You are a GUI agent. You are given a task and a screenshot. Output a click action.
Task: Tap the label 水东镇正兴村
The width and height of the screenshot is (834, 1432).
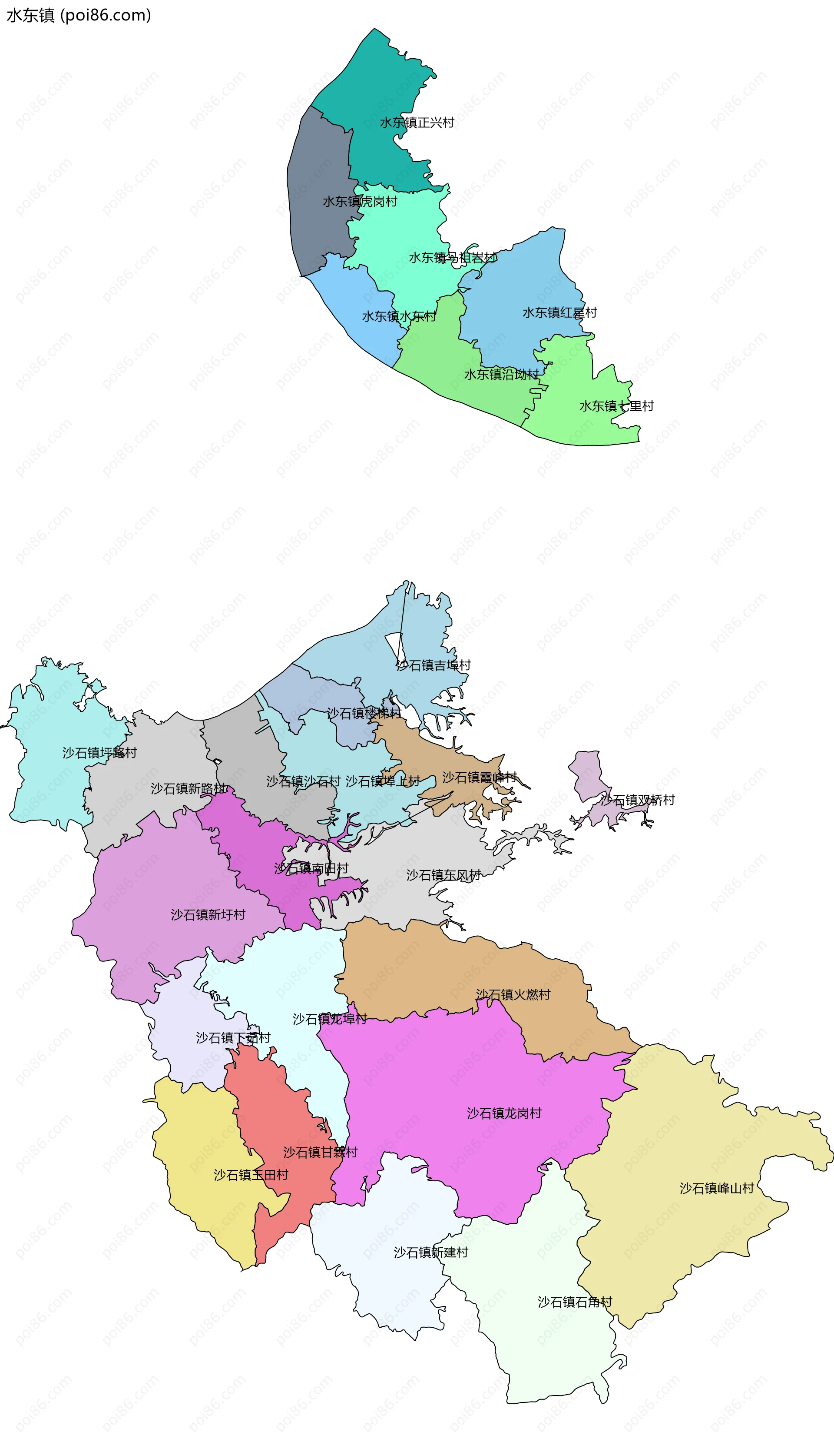[x=417, y=123]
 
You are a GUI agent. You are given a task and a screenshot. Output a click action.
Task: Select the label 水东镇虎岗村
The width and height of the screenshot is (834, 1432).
[x=360, y=202]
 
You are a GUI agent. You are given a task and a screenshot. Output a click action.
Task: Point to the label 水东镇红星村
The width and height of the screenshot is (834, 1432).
[x=559, y=312]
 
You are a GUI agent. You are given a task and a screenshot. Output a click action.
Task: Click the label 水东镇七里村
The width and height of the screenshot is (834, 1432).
[x=616, y=406]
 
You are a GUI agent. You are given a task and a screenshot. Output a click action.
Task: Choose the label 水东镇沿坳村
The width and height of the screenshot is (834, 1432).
[x=501, y=375]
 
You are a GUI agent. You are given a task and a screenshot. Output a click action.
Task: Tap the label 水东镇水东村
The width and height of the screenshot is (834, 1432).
[x=399, y=316]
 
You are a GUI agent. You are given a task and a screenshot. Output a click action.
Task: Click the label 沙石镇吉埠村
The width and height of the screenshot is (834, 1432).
[x=434, y=665]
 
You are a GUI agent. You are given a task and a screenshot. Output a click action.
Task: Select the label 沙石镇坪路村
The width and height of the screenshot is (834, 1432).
[x=99, y=753]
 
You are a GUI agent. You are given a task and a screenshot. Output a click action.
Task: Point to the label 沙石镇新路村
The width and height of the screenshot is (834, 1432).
[x=188, y=789]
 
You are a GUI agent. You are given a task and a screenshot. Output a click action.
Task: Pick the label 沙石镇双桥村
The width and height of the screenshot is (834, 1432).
[x=637, y=800]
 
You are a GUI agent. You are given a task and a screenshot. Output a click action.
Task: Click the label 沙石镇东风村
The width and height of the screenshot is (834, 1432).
[x=443, y=875]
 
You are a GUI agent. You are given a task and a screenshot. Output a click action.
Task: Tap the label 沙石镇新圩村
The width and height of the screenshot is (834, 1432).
[x=208, y=914]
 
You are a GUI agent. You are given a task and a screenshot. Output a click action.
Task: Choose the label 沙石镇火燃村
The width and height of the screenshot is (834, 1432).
[x=513, y=994]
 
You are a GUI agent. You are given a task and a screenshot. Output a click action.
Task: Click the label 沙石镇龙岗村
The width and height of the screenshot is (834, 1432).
[x=504, y=1113]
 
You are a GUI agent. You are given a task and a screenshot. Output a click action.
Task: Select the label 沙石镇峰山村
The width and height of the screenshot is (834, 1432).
[x=716, y=1188]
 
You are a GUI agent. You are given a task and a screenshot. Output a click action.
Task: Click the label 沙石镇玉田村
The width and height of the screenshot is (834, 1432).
[x=251, y=1175]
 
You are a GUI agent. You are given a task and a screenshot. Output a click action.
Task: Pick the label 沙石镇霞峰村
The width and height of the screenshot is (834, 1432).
[x=480, y=777]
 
